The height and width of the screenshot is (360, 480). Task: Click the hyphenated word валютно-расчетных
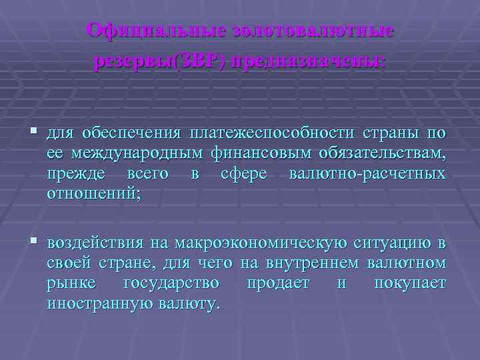367,174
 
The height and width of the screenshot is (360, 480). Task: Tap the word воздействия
95,241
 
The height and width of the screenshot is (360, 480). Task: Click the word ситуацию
390,241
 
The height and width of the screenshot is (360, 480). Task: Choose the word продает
278,283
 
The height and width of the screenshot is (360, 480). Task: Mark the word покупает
409,283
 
